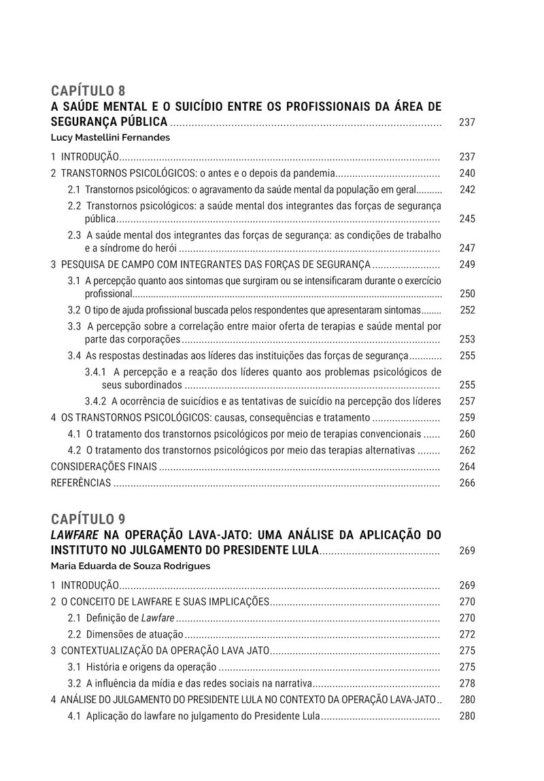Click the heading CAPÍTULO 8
click(x=88, y=91)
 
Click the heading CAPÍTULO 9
click(x=88, y=519)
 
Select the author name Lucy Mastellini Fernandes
click(x=110, y=137)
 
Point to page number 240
click(x=467, y=173)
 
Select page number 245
click(x=467, y=219)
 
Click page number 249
click(x=467, y=264)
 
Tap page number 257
click(x=467, y=401)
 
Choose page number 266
click(x=467, y=483)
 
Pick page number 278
click(x=467, y=683)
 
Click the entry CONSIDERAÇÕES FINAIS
click(x=104, y=466)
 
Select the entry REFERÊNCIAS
click(x=81, y=483)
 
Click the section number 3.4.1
click(x=96, y=372)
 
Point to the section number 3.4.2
click(x=96, y=401)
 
